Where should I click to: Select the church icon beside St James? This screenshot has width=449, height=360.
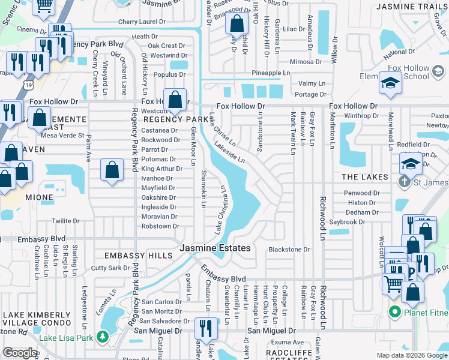[406, 181]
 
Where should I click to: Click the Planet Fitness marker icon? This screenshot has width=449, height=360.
[394, 311]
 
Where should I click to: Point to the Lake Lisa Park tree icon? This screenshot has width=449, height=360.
[103, 337]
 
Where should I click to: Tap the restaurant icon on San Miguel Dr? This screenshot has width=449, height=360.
[205, 329]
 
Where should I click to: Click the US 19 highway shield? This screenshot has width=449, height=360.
[29, 86]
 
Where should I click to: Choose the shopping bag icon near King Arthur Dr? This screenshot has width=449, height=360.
[112, 170]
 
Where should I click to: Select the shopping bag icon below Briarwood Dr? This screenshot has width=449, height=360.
[237, 25]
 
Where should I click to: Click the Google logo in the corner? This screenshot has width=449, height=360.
[20, 353]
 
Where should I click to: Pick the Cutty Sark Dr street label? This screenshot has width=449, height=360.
[110, 268]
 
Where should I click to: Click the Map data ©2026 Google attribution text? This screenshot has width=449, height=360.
[411, 355]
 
